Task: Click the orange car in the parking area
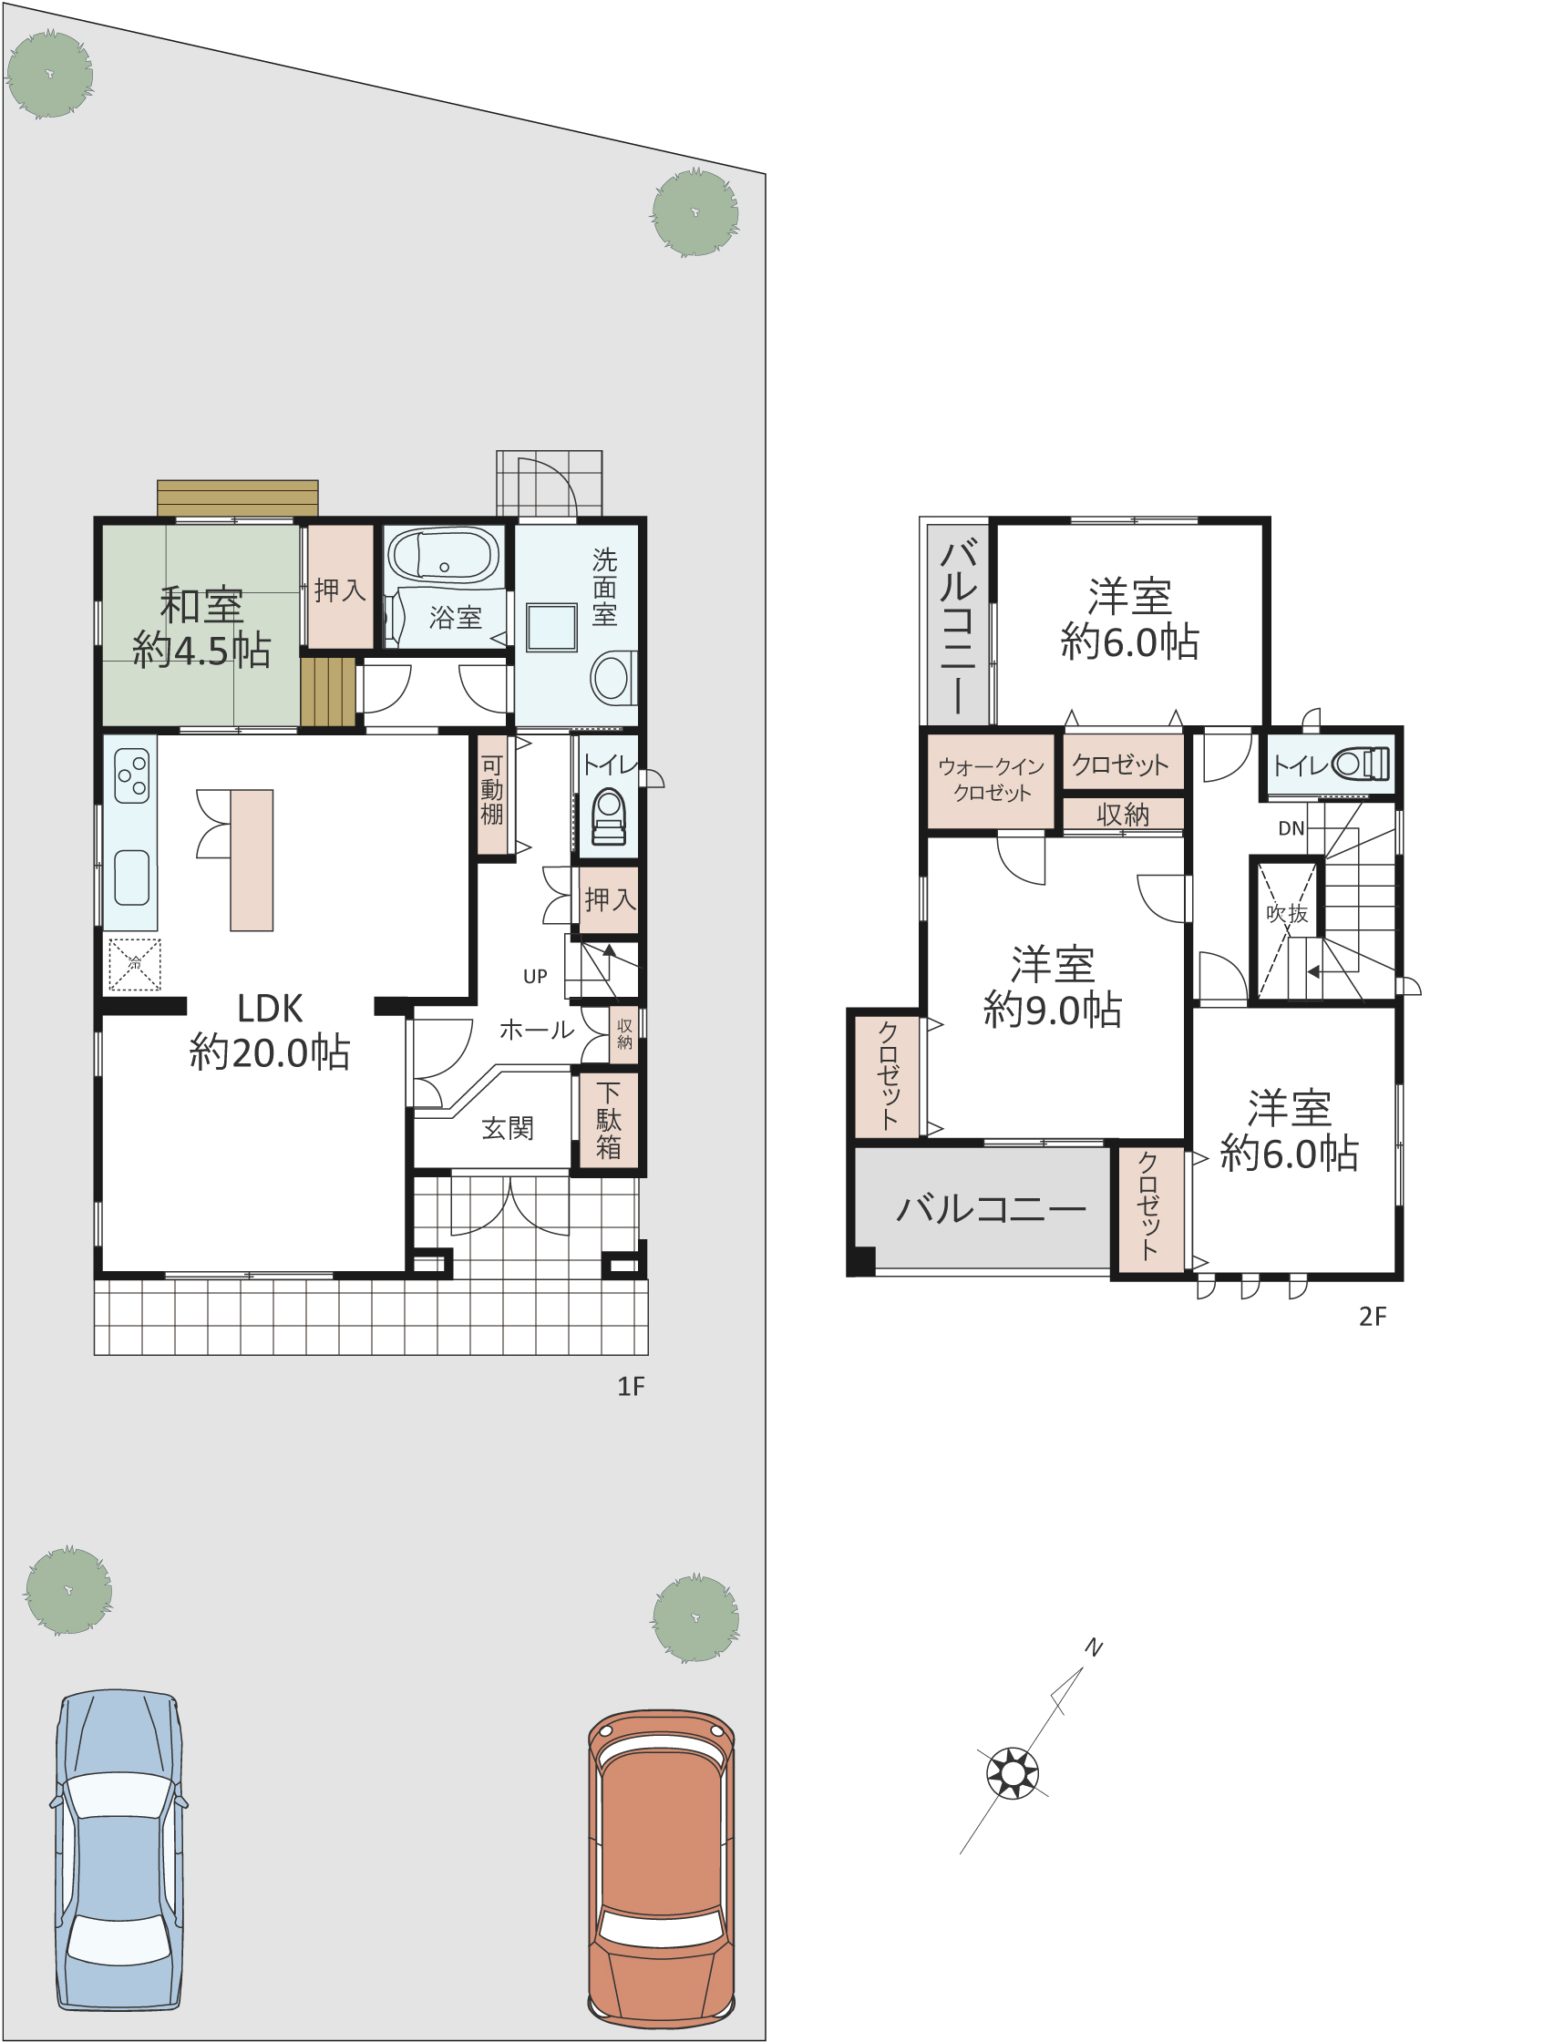tap(661, 1867)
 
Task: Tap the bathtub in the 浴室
tap(443, 557)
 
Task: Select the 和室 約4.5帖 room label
tap(202, 627)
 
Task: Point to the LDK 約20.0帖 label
tap(270, 1031)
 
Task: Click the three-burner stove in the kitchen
tap(131, 776)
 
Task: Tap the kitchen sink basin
tap(131, 877)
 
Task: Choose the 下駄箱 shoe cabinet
tap(609, 1120)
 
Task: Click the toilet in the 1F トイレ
tap(609, 816)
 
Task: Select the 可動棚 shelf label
tap(491, 790)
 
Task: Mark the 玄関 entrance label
tap(509, 1129)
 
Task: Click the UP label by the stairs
tap(535, 976)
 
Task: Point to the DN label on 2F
tap(1291, 828)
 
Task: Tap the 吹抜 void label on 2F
tap(1287, 913)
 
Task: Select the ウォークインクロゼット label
tap(992, 779)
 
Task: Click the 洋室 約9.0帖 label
tap(1053, 988)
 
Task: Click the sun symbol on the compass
tap(1012, 1773)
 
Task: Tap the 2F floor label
tap(1374, 1316)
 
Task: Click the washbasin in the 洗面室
tap(552, 627)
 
